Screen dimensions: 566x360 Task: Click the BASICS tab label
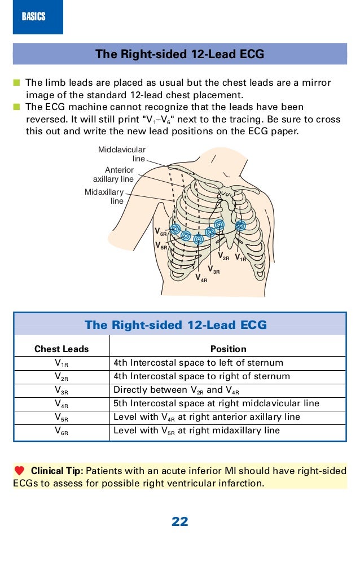point(33,17)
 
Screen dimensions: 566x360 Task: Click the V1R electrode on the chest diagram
point(240,225)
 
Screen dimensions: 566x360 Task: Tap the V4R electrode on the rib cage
point(198,239)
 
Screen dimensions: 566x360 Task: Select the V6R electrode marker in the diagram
point(175,229)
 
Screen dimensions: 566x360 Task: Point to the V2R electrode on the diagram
point(219,225)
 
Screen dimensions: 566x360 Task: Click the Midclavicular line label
point(122,154)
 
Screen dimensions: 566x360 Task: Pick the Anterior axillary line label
point(113,174)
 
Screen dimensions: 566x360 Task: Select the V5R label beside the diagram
point(161,246)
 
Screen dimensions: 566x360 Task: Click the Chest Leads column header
point(62,349)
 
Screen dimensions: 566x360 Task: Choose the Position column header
point(228,349)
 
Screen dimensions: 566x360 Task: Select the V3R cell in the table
point(62,391)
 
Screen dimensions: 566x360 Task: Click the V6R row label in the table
point(62,431)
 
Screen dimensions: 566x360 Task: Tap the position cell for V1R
point(198,363)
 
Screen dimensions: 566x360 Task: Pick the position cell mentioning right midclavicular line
point(216,403)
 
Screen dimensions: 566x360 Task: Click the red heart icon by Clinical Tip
point(20,471)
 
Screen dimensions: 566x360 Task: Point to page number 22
point(179,522)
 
